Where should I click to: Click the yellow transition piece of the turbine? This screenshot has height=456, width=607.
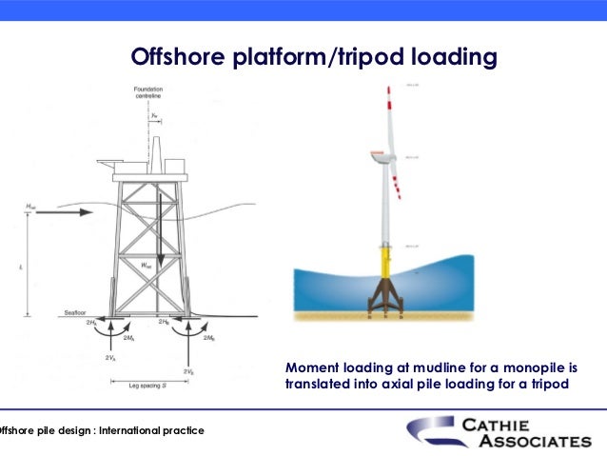385,261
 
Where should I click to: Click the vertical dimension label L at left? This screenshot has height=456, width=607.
20,268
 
